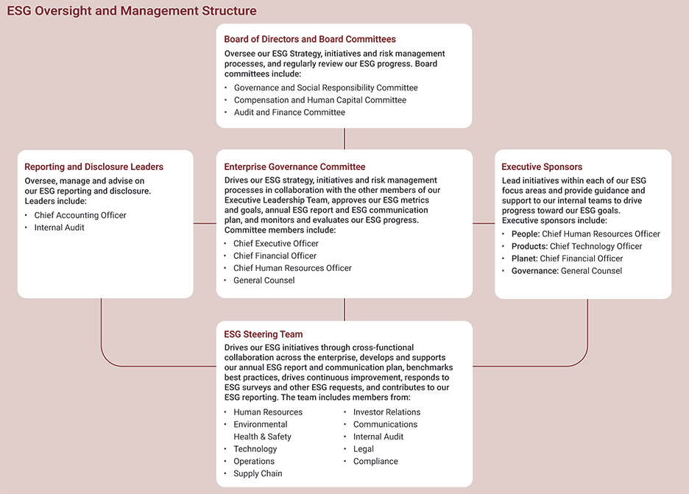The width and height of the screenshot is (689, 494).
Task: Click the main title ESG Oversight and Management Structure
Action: click(x=132, y=11)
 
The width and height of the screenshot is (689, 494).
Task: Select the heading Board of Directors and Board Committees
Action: click(x=310, y=39)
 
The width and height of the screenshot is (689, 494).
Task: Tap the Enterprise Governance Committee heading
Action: click(x=294, y=167)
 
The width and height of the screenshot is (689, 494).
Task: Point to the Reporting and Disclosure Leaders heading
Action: click(x=94, y=167)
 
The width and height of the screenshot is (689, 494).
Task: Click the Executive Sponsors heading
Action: click(x=542, y=167)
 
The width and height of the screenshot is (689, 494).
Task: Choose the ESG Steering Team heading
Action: click(x=264, y=334)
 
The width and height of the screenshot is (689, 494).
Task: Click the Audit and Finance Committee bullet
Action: click(x=289, y=113)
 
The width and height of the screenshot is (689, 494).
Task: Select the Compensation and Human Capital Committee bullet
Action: click(x=319, y=100)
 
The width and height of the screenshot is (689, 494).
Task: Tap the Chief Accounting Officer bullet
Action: click(x=80, y=216)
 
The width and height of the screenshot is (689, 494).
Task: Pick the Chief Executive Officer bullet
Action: click(x=276, y=244)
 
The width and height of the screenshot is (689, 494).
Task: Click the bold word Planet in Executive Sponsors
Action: click(x=524, y=258)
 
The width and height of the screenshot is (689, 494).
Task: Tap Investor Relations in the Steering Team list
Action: click(x=386, y=412)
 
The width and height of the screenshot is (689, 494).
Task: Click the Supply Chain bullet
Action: click(x=258, y=473)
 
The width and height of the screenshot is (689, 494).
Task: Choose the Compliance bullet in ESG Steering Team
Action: click(x=375, y=462)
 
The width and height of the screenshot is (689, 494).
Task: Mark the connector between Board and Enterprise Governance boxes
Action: click(x=344, y=138)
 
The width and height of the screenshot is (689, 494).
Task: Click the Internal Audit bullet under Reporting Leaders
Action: click(x=59, y=227)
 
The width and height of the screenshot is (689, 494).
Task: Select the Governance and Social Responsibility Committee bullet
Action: click(x=325, y=88)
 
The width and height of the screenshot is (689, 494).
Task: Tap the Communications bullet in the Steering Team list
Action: click(x=385, y=425)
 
